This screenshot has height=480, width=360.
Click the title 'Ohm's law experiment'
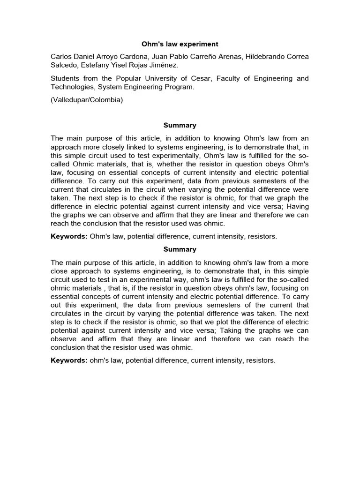click(x=180, y=44)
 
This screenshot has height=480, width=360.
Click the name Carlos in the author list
click(x=62, y=57)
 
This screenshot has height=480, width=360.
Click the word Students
click(x=65, y=78)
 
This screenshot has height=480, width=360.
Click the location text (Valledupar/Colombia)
click(x=87, y=100)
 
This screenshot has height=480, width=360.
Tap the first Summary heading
click(x=180, y=125)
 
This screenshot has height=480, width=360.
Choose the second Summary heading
click(x=180, y=249)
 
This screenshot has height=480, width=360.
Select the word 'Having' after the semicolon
click(x=298, y=206)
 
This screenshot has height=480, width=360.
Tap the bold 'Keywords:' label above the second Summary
click(x=69, y=236)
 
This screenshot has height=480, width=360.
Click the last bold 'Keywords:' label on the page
click(x=69, y=360)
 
